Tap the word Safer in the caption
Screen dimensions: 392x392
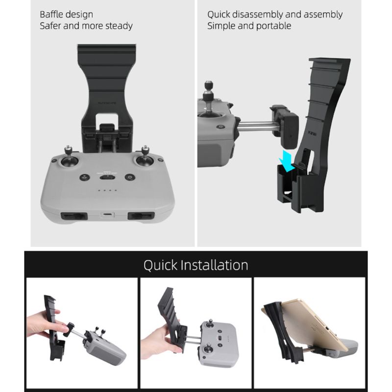click(x=51, y=25)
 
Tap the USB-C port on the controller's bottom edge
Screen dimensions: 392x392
click(x=106, y=215)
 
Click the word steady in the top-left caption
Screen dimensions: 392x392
click(x=116, y=25)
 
